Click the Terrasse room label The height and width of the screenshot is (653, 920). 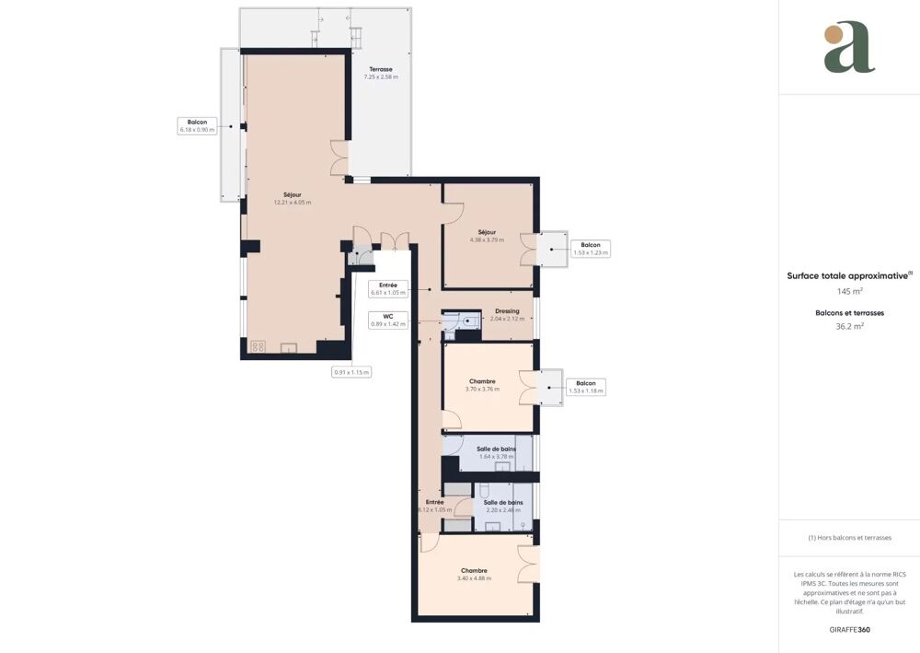point(381,73)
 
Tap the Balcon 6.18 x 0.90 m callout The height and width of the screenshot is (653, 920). point(197,126)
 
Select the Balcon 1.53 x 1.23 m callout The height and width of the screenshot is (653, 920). point(590,249)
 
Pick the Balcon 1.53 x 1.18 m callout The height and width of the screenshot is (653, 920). point(585,387)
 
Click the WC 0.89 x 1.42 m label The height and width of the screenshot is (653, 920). point(388,320)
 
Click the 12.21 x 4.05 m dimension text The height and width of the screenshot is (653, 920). point(292,203)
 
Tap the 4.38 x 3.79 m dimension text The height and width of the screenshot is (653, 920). point(487,240)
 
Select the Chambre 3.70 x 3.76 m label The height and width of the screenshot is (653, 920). point(482,385)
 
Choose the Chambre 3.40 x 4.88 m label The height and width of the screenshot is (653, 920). point(474,574)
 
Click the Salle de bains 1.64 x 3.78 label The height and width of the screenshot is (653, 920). point(497,451)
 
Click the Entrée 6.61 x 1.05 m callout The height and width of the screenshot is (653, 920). point(387,289)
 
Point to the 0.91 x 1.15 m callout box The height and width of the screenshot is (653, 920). point(351,372)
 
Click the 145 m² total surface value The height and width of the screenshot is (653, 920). point(849,291)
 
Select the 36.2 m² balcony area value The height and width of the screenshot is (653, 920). point(849,326)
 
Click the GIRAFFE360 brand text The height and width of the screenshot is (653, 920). point(849,630)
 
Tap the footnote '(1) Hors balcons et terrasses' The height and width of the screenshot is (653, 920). point(849,538)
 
